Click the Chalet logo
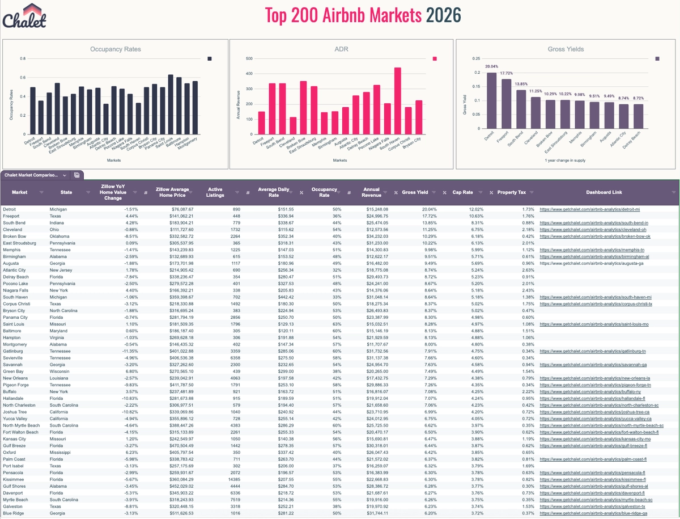coord(24,16)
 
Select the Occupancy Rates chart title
coord(116,49)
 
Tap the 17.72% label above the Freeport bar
coord(507,73)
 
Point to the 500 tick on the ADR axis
coord(248,58)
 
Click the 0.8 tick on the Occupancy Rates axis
coord(22,59)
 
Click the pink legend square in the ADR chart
coord(435,58)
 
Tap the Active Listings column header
coord(215,193)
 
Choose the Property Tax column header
coord(511,193)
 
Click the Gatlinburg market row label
coord(15,351)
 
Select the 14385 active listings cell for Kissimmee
coord(216,479)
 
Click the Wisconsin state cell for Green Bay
coord(62,371)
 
